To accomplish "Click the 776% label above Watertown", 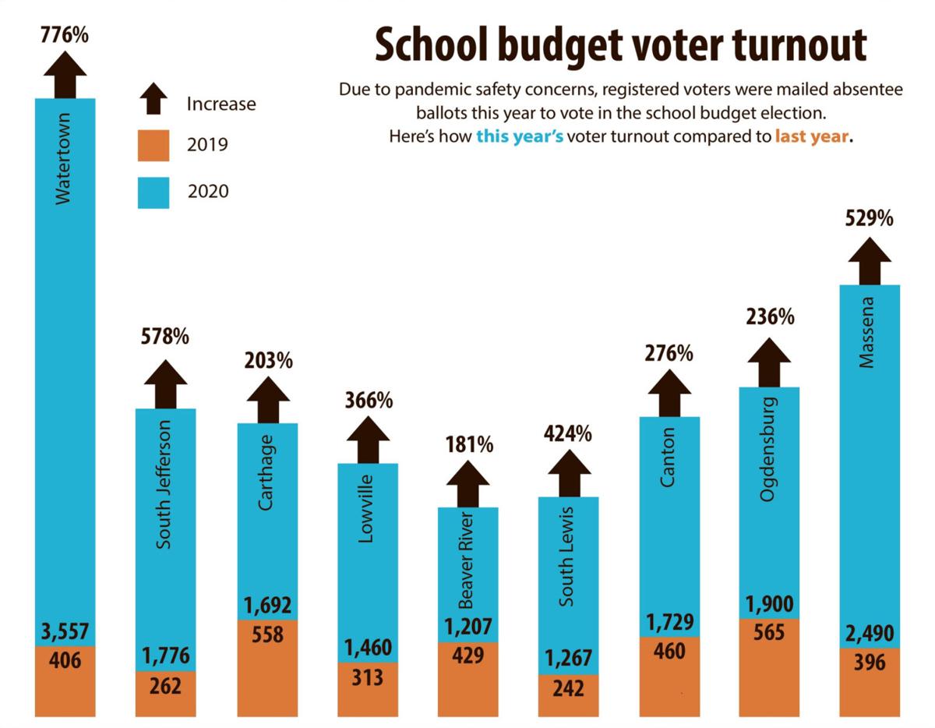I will [65, 35].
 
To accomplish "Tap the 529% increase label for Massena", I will [869, 219].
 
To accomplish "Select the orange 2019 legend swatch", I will [153, 145].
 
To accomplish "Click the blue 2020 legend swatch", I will [153, 192].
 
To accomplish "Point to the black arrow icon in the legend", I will [153, 101].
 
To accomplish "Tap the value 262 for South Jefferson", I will [165, 686].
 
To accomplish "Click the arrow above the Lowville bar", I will [368, 439].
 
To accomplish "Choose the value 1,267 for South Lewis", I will [569, 659].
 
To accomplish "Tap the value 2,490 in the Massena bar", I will [869, 633].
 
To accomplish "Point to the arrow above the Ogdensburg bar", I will [769, 362].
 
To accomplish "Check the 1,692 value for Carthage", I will [267, 605].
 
